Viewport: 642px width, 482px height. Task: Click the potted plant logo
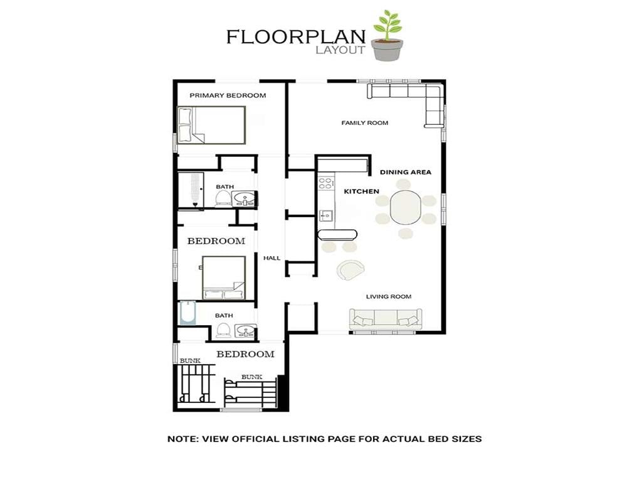pyautogui.click(x=387, y=36)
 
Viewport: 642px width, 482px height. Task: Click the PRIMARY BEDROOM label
pyautogui.click(x=228, y=95)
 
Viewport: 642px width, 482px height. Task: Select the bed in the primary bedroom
pyautogui.click(x=211, y=125)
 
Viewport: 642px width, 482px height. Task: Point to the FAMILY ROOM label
pyautogui.click(x=364, y=122)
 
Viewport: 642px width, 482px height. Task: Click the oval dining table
pyautogui.click(x=406, y=207)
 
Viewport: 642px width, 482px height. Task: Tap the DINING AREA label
pyautogui.click(x=406, y=172)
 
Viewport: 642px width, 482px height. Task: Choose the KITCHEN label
pyautogui.click(x=361, y=191)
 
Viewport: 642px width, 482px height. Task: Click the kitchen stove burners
pyautogui.click(x=325, y=183)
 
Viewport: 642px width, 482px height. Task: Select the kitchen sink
pyautogui.click(x=326, y=215)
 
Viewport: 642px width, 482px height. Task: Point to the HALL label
pyautogui.click(x=272, y=258)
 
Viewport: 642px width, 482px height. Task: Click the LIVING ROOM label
pyautogui.click(x=389, y=296)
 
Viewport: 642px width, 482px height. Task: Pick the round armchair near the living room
pyautogui.click(x=350, y=269)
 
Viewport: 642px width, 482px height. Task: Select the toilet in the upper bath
pyautogui.click(x=223, y=198)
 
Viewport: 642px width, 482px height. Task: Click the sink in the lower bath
pyautogui.click(x=246, y=330)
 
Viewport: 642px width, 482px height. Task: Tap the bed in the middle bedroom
pyautogui.click(x=224, y=278)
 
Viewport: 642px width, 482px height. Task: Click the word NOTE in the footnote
pyautogui.click(x=182, y=439)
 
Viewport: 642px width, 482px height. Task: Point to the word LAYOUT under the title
pyautogui.click(x=340, y=50)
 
